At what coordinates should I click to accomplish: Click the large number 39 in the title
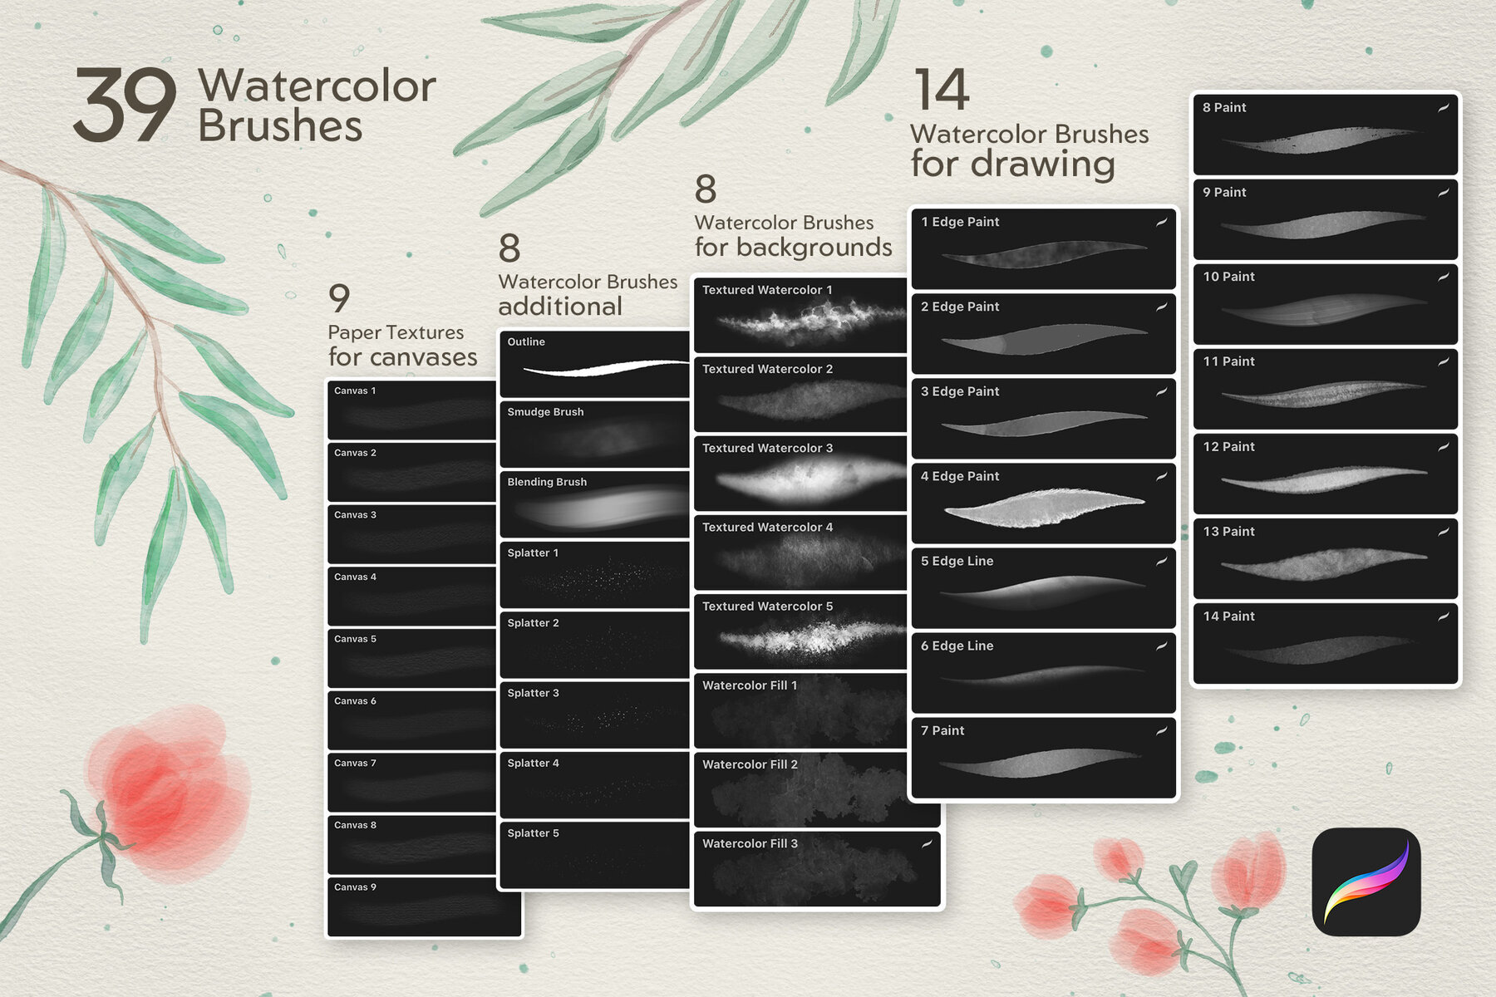click(125, 106)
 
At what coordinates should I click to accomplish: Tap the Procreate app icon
click(1366, 882)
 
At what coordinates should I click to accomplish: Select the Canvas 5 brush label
click(355, 639)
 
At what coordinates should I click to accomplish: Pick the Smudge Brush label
click(545, 412)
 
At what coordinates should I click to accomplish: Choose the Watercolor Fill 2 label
click(750, 764)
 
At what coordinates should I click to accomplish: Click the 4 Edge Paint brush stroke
click(1044, 507)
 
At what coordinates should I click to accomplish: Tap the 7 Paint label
click(942, 730)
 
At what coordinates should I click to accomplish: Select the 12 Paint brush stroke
click(1323, 479)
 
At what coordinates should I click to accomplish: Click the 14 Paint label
click(1228, 616)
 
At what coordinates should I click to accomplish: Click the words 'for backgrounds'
click(793, 248)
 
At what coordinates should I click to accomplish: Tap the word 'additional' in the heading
click(560, 307)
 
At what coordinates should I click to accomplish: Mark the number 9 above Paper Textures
click(339, 297)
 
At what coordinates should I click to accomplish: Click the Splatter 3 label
click(533, 693)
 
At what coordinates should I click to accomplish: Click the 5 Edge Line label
click(957, 561)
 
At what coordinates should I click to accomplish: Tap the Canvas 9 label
click(355, 887)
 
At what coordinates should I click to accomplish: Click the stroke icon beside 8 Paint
click(1444, 107)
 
